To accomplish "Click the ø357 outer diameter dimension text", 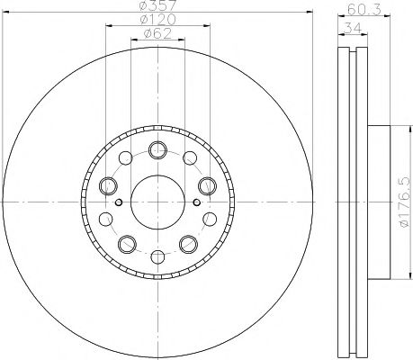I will tap(158, 7).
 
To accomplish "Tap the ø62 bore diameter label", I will tap(158, 36).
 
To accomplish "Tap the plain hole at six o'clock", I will tap(158, 255).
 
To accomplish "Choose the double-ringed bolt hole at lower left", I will tap(127, 242).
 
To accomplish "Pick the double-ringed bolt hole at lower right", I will tap(189, 242).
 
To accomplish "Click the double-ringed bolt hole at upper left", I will tap(110, 185).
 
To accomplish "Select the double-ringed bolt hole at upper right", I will tap(206, 185).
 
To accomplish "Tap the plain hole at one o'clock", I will tap(190, 160).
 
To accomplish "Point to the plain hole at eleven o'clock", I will tap(127, 160).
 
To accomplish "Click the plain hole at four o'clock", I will tap(209, 218).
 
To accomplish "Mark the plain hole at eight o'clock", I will tap(107, 218).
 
